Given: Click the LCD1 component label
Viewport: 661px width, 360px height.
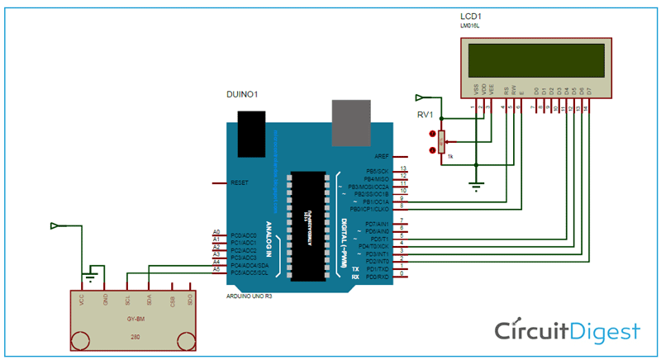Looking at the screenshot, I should (x=471, y=17).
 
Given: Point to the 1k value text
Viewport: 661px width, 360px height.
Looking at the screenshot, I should (x=450, y=155).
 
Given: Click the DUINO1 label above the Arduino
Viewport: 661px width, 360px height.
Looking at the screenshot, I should (x=241, y=95).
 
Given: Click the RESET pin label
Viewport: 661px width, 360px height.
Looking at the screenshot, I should (x=240, y=182).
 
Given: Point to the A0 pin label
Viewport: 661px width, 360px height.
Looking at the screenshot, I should (x=216, y=232).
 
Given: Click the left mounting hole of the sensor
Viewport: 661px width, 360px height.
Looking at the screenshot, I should (x=81, y=339).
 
